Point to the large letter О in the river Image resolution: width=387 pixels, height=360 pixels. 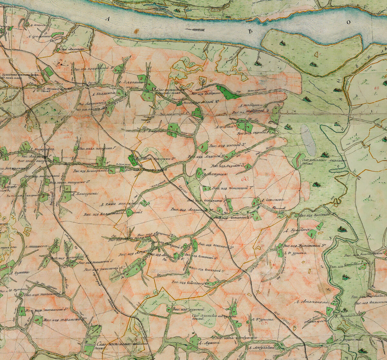(x=348, y=22)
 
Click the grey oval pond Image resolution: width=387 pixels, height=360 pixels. (x=308, y=140)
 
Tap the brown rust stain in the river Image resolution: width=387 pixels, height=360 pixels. (x=137, y=31)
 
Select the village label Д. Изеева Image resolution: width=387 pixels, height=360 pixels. (x=226, y=127)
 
